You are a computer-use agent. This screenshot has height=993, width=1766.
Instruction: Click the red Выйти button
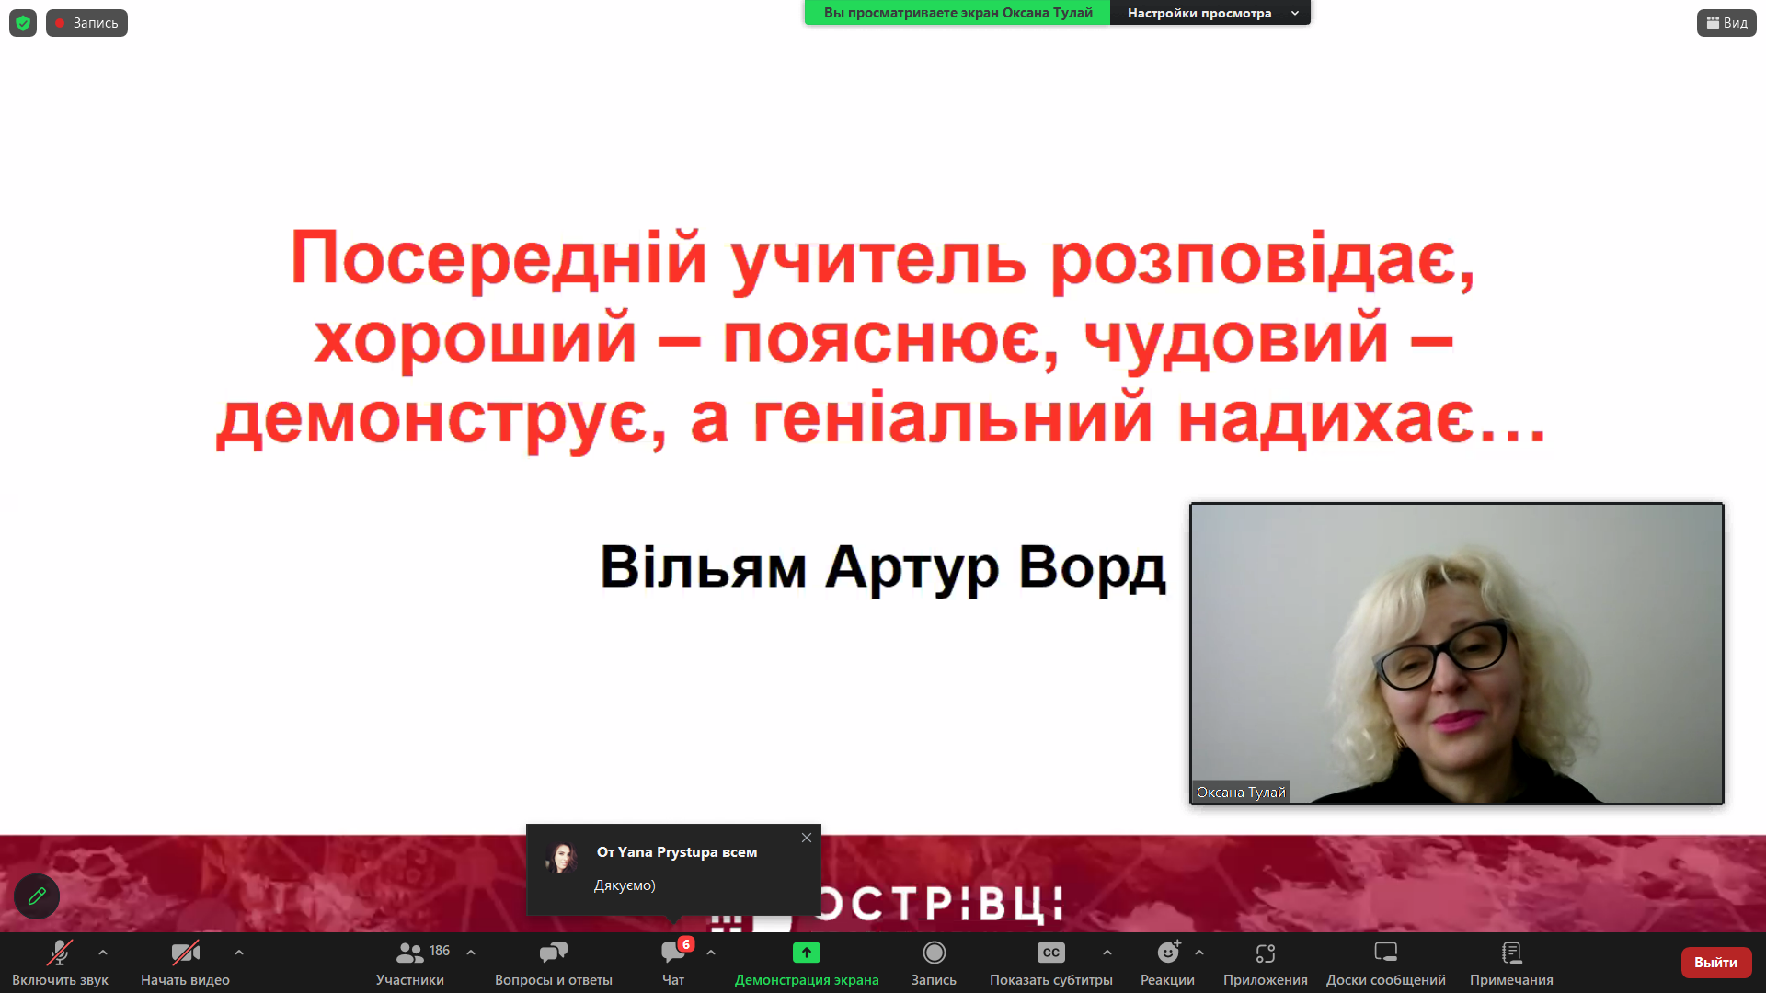(x=1715, y=962)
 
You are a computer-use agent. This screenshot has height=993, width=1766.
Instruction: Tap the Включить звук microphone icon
(x=60, y=953)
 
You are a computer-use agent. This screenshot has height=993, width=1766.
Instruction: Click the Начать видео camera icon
(x=185, y=953)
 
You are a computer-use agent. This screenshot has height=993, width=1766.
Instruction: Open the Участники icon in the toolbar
(x=409, y=953)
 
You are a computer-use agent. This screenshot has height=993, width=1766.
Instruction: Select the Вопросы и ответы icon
(x=553, y=953)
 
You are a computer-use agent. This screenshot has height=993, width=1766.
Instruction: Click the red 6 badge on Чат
(x=686, y=944)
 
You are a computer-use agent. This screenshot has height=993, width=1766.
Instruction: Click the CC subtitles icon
(x=1050, y=953)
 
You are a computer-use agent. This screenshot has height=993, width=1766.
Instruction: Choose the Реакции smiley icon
(x=1168, y=953)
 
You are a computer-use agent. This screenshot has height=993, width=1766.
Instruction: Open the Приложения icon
(x=1265, y=953)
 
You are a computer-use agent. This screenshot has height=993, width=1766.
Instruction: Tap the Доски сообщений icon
(x=1385, y=953)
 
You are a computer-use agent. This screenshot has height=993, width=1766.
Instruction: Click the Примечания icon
(x=1511, y=953)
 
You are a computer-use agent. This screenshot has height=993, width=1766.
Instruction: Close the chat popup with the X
(x=807, y=838)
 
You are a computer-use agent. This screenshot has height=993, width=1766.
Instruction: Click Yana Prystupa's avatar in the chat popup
(x=561, y=858)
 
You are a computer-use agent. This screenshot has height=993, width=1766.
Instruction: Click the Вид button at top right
(x=1726, y=23)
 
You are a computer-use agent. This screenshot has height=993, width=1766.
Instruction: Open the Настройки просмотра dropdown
(x=1210, y=13)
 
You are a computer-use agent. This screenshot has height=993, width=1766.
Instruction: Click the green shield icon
(x=23, y=23)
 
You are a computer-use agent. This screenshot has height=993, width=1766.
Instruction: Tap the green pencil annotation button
(x=37, y=896)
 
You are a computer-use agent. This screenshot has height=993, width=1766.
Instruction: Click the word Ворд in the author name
(x=1092, y=567)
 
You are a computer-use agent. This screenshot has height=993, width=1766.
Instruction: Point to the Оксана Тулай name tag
(x=1241, y=793)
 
